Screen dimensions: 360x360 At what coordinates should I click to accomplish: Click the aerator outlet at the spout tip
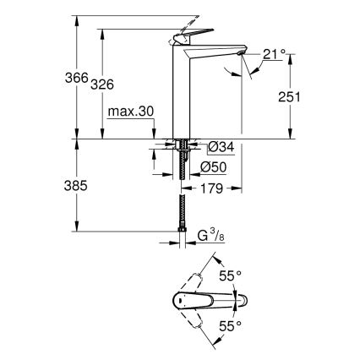point(245,55)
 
